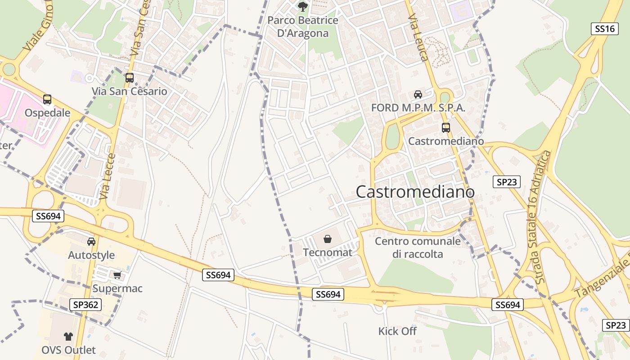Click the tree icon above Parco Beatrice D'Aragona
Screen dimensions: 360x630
303,6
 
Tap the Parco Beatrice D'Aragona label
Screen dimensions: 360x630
302,27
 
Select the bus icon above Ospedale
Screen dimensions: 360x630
47,99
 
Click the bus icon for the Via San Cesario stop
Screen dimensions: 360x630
130,77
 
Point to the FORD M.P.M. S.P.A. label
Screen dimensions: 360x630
418,108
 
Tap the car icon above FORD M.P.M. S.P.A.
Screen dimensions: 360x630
418,94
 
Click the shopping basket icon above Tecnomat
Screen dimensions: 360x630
328,239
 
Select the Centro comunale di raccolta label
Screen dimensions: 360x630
418,247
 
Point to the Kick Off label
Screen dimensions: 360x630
397,331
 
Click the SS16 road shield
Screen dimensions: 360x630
604,29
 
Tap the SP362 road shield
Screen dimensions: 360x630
85,305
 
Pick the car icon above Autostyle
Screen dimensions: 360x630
91,242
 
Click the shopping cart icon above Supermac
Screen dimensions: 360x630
117,275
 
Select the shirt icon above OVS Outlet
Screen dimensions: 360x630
68,336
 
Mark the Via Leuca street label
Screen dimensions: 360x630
418,37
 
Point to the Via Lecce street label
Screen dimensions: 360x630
108,177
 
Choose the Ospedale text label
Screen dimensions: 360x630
47,112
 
